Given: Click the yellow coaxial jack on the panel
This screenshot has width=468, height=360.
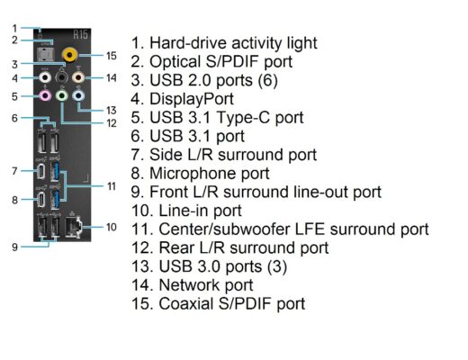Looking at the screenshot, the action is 70,55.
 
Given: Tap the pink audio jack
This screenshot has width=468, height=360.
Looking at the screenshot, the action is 45,96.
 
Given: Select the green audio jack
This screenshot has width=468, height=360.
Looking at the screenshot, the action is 62,96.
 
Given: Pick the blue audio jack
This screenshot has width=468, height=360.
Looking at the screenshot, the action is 78,96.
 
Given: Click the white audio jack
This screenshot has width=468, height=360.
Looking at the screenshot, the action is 45,78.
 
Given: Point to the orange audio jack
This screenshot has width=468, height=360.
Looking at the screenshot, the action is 78,78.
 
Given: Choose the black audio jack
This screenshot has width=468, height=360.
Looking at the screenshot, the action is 62,78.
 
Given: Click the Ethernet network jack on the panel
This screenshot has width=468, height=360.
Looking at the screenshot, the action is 74,228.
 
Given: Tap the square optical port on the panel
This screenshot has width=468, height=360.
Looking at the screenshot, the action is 46,55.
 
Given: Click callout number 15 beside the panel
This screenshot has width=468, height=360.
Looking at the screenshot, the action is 112,56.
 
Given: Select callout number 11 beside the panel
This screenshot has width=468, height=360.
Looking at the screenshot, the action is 112,186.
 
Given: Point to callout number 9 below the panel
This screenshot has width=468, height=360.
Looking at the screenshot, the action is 14,247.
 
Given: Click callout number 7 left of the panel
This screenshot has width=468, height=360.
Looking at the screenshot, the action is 14,171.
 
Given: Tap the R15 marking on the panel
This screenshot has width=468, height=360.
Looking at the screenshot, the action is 81,35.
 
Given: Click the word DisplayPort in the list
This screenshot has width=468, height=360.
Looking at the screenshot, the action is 192,99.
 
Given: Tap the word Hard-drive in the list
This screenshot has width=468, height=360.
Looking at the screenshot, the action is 188,43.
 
